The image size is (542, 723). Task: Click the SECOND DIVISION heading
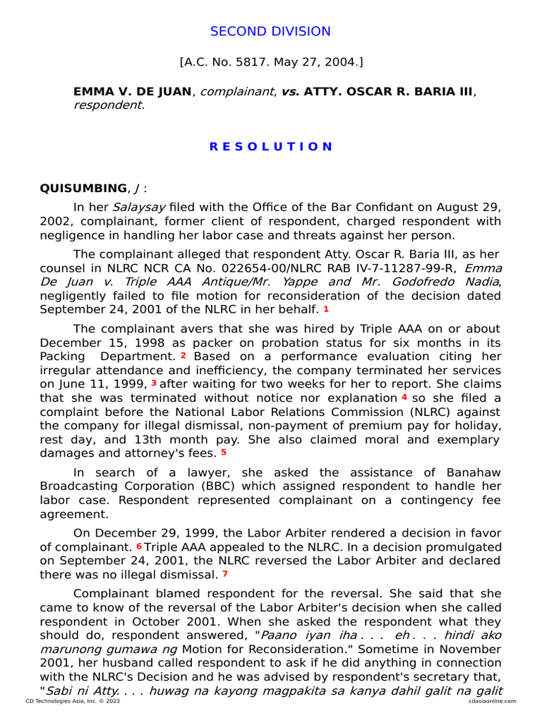click(x=270, y=31)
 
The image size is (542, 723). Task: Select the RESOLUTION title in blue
click(x=270, y=146)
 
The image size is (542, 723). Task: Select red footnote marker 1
click(x=326, y=309)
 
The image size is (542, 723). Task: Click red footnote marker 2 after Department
click(x=183, y=356)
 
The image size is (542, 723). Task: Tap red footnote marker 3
click(x=153, y=383)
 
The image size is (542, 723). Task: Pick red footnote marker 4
click(x=404, y=398)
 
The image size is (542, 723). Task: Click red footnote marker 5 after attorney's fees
click(x=224, y=453)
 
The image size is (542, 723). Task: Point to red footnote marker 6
click(x=139, y=546)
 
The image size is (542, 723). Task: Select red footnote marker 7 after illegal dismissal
click(x=225, y=573)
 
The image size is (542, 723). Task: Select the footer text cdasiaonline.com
click(x=491, y=701)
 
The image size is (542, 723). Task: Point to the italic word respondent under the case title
click(x=107, y=105)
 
